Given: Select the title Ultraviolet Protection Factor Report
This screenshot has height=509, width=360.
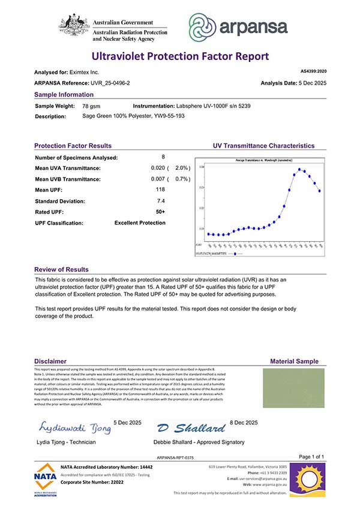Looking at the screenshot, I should pyautogui.click(x=180, y=56).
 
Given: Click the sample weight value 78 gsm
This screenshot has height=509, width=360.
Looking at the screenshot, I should pyautogui.click(x=91, y=106).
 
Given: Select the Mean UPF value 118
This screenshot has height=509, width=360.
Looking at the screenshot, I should pyautogui.click(x=160, y=190).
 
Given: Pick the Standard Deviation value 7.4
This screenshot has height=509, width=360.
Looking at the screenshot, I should pyautogui.click(x=160, y=201).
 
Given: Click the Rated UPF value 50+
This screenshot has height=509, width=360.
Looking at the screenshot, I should pyautogui.click(x=160, y=212).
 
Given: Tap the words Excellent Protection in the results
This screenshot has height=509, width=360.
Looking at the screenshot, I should pyautogui.click(x=140, y=223).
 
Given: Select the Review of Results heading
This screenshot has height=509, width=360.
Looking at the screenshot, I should pyautogui.click(x=61, y=270).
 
